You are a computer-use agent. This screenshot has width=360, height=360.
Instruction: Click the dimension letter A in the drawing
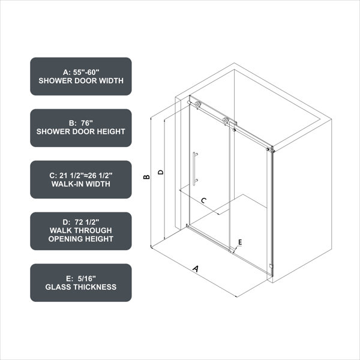[196, 268]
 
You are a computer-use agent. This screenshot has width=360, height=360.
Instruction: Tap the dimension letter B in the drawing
[146, 177]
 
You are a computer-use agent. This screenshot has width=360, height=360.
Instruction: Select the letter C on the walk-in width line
[203, 200]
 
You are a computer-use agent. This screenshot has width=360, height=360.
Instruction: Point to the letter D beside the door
[161, 172]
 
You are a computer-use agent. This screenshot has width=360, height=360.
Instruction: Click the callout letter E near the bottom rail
[240, 242]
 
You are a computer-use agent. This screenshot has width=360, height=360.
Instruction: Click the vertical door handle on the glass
[194, 169]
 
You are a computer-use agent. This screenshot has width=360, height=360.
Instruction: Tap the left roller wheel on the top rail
[197, 104]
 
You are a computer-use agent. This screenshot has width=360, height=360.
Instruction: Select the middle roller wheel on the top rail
[226, 121]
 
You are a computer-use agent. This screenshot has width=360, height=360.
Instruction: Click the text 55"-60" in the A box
[86, 72]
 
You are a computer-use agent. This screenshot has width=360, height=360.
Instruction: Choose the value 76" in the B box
[87, 123]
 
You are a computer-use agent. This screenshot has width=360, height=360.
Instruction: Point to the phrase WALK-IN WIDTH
[81, 184]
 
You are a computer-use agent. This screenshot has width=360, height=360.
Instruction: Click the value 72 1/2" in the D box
[87, 222]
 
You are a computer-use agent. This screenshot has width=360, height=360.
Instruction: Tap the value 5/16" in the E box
[86, 278]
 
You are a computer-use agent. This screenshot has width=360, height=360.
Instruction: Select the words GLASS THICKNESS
[81, 287]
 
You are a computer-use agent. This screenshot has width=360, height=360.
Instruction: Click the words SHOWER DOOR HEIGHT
[81, 131]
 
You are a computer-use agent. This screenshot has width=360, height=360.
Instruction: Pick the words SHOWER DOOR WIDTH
[81, 80]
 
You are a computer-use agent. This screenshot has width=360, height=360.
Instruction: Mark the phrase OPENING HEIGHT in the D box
[81, 239]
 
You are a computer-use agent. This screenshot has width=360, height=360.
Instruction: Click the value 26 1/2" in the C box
[100, 175]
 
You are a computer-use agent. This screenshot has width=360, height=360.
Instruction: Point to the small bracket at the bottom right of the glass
[271, 266]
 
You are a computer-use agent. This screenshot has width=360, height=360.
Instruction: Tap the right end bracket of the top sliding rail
[271, 149]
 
